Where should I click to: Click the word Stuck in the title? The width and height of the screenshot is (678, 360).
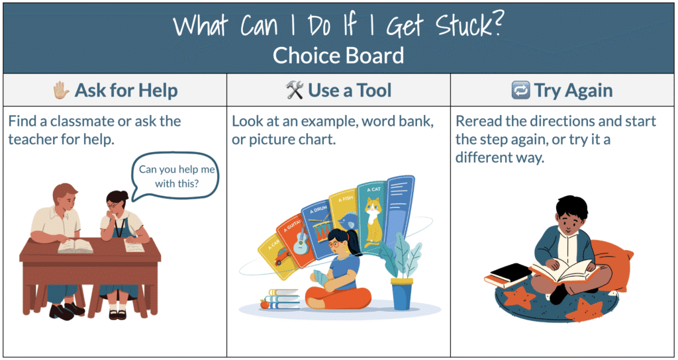467,26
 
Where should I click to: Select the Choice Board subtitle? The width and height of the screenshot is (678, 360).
338,56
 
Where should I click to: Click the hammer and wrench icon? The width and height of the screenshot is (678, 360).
295,90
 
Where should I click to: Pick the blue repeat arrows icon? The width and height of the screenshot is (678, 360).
520,91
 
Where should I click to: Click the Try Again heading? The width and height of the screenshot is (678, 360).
573,91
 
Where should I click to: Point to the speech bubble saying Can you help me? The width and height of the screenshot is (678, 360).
174,176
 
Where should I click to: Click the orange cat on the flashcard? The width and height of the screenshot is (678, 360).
372,221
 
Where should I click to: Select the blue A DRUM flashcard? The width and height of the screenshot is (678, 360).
318,228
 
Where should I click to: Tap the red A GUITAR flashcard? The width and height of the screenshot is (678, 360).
295,240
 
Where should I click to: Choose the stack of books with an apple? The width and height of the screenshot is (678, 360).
280,298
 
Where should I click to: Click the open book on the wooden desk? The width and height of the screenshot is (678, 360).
75,246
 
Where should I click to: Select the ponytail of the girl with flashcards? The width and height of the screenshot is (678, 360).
355,242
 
